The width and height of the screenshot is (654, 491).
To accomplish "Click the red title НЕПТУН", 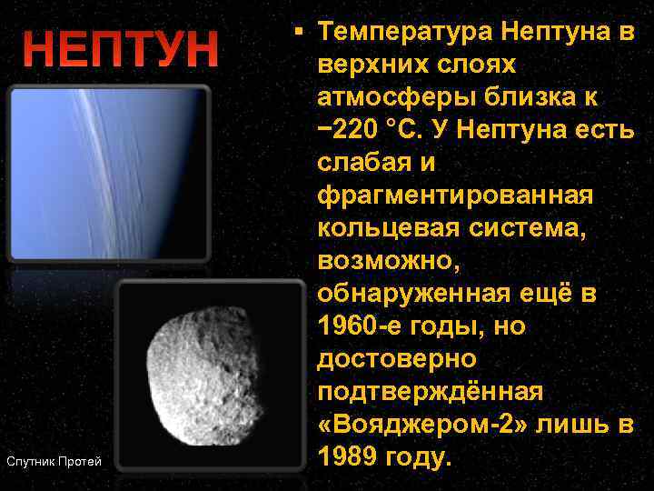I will (x=121, y=50).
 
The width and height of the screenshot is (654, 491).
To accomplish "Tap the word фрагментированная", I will (x=454, y=195).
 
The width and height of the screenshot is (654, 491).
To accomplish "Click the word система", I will (x=532, y=227).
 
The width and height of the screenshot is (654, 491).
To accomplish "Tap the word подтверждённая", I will (x=430, y=391).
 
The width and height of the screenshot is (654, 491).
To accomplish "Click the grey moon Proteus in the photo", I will (x=209, y=372).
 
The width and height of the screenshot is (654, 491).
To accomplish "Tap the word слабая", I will (x=363, y=162).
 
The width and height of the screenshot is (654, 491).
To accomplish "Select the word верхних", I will (x=370, y=64).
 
